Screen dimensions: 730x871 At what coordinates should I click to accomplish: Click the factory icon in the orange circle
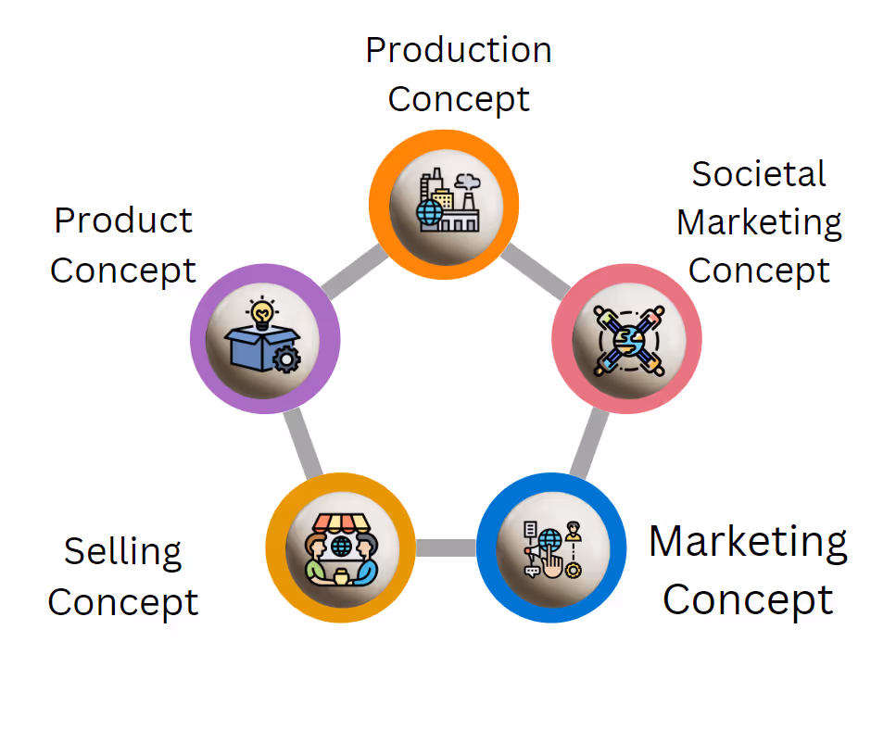point(444,202)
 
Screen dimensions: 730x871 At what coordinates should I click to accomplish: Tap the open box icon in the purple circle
point(264,344)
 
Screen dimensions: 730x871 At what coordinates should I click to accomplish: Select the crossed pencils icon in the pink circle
point(627,339)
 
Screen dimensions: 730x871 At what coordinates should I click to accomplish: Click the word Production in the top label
point(459,49)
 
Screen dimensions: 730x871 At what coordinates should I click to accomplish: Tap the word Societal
point(759,174)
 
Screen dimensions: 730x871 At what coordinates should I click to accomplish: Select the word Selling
point(122,552)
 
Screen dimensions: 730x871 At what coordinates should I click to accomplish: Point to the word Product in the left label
point(123,220)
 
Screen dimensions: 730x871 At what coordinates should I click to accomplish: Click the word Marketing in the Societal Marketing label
point(759,222)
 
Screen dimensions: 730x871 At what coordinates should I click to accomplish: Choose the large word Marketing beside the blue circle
point(748,541)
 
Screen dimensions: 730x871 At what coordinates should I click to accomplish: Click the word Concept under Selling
point(123,602)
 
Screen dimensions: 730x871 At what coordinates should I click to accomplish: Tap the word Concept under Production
point(459,99)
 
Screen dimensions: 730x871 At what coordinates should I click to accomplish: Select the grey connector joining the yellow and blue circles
point(446,547)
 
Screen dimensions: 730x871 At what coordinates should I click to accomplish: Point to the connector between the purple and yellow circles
point(301,444)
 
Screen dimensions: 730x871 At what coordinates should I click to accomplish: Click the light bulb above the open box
point(264,312)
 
